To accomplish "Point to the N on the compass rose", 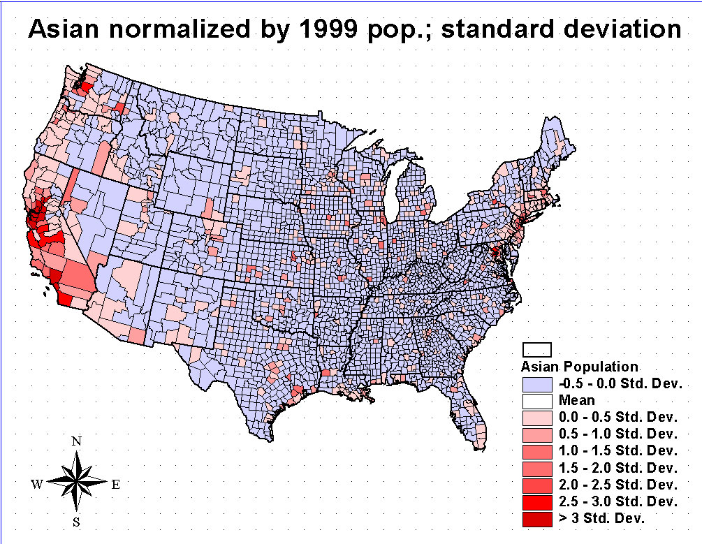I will pos(78,441).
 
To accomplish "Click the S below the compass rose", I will pos(78,522).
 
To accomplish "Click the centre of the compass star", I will pos(78,481).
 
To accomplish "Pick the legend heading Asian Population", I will pos(580,367).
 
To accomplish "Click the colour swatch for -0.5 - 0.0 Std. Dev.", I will pos(537,383).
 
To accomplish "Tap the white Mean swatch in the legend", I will pos(537,400).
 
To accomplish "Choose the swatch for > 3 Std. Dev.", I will pos(537,518).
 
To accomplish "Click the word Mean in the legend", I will pos(576,400).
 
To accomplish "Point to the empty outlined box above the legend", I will pos(538,349).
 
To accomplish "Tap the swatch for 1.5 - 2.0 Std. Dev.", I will pos(537,468).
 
